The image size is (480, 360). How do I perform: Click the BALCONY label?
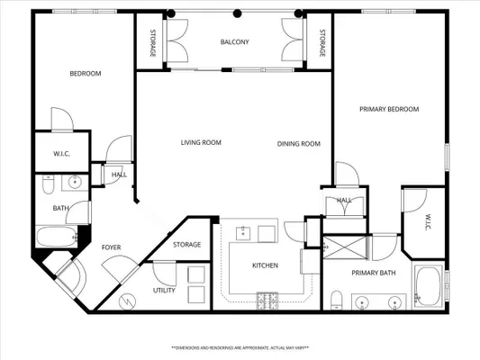[234, 42]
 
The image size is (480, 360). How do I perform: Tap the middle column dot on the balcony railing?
[237, 13]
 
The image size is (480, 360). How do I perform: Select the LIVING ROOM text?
[201, 142]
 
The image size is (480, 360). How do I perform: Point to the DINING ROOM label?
[298, 143]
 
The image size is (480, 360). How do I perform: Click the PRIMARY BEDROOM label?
[389, 109]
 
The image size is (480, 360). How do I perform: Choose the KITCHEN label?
[264, 265]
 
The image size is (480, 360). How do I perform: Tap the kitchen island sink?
[242, 234]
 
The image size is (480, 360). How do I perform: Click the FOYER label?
[111, 247]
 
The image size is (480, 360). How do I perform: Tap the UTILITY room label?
[164, 291]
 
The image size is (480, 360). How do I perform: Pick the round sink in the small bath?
[76, 183]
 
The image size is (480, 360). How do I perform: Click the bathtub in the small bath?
[56, 239]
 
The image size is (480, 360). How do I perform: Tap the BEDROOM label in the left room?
[86, 73]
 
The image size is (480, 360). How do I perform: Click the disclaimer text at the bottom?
[240, 346]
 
